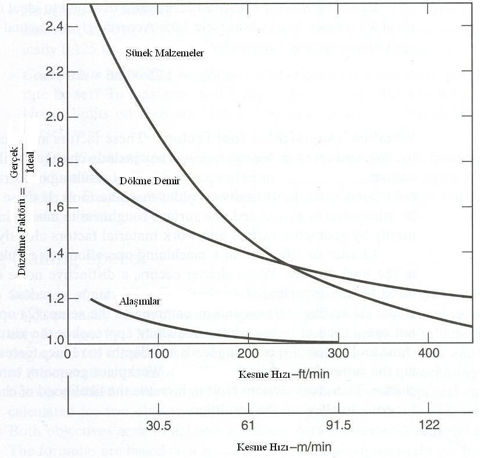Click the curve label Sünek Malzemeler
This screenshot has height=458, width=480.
coord(164,52)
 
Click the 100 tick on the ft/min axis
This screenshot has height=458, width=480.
coord(158,353)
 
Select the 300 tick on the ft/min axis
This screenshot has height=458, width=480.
coord(338,353)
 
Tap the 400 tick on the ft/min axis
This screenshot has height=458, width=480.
coord(428,353)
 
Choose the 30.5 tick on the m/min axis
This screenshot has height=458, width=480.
coord(158,425)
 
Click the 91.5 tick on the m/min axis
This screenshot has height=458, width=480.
coord(338,425)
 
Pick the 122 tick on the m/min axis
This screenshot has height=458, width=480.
coord(428,425)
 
